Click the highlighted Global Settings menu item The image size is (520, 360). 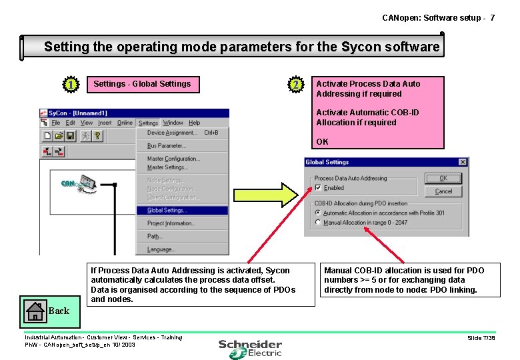pyautogui.click(x=167, y=211)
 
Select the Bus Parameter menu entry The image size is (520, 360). pyautogui.click(x=167, y=146)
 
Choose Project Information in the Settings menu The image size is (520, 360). pyautogui.click(x=171, y=223)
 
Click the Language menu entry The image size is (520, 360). pyautogui.click(x=161, y=249)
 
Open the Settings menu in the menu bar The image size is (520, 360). pyautogui.click(x=148, y=123)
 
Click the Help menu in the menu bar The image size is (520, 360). pyautogui.click(x=194, y=123)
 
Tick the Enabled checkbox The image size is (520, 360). pyautogui.click(x=318, y=188)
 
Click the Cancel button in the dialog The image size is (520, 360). pyautogui.click(x=443, y=191)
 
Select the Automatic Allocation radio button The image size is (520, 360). pyautogui.click(x=318, y=213)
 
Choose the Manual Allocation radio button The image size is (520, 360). pyautogui.click(x=318, y=223)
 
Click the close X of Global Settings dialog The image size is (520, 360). pyautogui.click(x=462, y=162)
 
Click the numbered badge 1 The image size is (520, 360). pyautogui.click(x=70, y=85)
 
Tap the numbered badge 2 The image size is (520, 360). pyautogui.click(x=295, y=85)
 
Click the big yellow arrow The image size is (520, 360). pyautogui.click(x=264, y=195)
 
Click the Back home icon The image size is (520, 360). pyautogui.click(x=34, y=310)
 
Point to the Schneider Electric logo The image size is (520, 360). pyautogui.click(x=251, y=349)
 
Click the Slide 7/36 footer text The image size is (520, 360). pyautogui.click(x=481, y=338)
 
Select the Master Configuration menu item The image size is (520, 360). pyautogui.click(x=173, y=159)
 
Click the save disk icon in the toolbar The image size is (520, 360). pyautogui.click(x=70, y=135)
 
